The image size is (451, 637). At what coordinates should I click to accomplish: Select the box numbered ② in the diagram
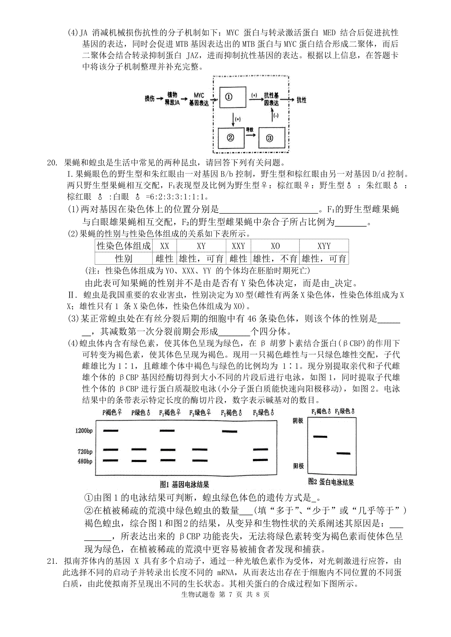coord(231,138)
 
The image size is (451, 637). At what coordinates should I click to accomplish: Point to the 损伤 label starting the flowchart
coord(150,99)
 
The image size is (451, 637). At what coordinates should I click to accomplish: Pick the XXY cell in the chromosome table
coord(238,246)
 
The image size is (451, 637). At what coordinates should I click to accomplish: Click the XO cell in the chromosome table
coord(275,246)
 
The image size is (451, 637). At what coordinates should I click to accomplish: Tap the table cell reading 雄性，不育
coord(275,259)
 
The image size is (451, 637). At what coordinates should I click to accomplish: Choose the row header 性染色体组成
coord(124,246)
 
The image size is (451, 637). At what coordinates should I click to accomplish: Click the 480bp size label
coord(85,461)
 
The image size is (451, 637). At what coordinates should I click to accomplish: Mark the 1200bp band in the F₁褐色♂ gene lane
coord(229,431)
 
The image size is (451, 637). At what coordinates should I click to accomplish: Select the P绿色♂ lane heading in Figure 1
coord(141,413)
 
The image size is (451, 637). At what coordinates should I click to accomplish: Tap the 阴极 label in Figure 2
coord(298,421)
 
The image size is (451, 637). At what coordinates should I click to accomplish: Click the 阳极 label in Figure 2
coord(298,466)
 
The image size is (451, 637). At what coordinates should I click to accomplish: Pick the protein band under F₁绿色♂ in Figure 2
coord(343,453)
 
